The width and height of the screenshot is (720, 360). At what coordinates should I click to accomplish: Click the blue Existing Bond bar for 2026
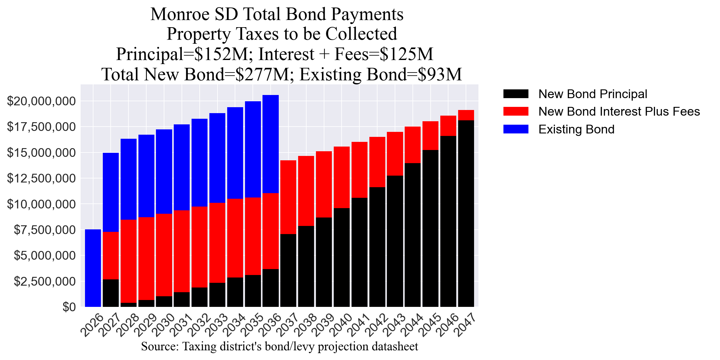click(x=93, y=268)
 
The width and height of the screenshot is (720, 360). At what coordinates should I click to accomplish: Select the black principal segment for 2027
click(x=111, y=293)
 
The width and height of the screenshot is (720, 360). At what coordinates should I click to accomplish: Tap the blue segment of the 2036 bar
click(x=271, y=144)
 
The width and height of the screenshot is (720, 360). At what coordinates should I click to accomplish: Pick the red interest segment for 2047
click(x=466, y=115)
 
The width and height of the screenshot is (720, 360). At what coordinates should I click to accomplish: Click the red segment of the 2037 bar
click(x=288, y=197)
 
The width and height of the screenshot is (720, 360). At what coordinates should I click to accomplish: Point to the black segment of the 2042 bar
click(x=377, y=247)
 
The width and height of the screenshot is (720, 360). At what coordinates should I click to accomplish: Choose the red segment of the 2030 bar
click(x=164, y=255)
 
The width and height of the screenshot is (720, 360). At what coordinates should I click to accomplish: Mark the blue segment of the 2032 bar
click(x=199, y=162)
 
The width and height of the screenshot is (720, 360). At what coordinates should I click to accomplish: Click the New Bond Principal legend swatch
click(x=516, y=94)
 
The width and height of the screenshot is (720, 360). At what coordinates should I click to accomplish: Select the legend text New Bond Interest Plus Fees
click(x=619, y=112)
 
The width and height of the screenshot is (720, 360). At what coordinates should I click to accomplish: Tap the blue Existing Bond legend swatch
click(x=516, y=129)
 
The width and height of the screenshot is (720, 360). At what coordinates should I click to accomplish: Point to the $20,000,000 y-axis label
click(x=41, y=101)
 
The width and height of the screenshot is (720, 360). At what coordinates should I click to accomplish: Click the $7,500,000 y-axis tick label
click(x=45, y=230)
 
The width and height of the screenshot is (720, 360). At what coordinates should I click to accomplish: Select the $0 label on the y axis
click(x=69, y=307)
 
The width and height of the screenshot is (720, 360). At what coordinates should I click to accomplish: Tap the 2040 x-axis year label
click(x=342, y=326)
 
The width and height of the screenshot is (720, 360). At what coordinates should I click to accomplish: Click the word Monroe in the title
click(x=180, y=14)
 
